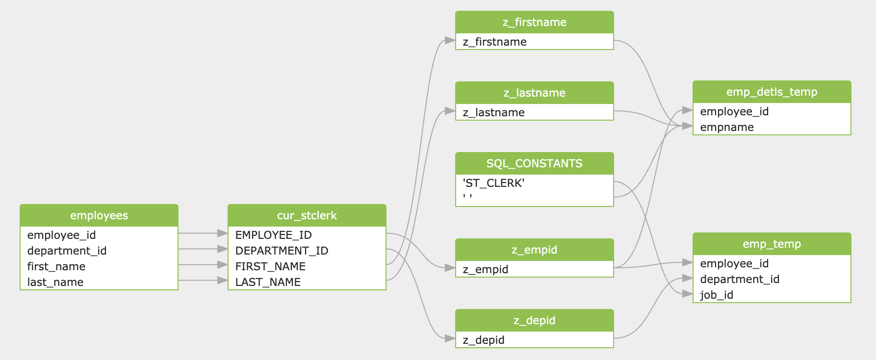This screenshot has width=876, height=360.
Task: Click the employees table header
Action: click(x=99, y=215)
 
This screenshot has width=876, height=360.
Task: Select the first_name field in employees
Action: click(x=56, y=266)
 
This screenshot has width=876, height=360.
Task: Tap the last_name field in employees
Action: click(x=55, y=282)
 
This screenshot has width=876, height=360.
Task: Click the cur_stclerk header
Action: click(x=307, y=215)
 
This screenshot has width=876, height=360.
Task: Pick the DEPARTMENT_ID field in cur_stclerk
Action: click(x=282, y=251)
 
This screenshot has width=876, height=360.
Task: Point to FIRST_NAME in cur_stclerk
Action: click(x=270, y=266)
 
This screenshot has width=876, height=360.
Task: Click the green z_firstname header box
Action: click(x=534, y=22)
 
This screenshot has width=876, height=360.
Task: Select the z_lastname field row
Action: click(x=493, y=112)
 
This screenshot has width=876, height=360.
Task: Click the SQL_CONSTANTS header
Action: click(x=534, y=163)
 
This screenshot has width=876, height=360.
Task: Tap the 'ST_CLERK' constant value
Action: click(x=493, y=183)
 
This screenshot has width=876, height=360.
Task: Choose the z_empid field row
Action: click(x=485, y=269)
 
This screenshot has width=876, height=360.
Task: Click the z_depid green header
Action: click(x=534, y=320)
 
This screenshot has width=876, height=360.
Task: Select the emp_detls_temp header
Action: click(x=772, y=92)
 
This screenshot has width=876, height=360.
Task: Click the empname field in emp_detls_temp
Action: click(x=727, y=127)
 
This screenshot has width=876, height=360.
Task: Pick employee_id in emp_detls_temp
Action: click(x=734, y=111)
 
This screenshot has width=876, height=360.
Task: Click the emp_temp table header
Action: click(x=772, y=244)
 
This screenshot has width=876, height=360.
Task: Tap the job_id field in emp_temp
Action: click(x=717, y=295)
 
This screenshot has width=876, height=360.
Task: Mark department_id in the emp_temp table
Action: click(x=740, y=279)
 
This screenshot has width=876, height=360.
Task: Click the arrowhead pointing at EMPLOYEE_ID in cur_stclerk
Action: click(x=223, y=233)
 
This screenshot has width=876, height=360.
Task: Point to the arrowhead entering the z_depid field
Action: click(x=450, y=338)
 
